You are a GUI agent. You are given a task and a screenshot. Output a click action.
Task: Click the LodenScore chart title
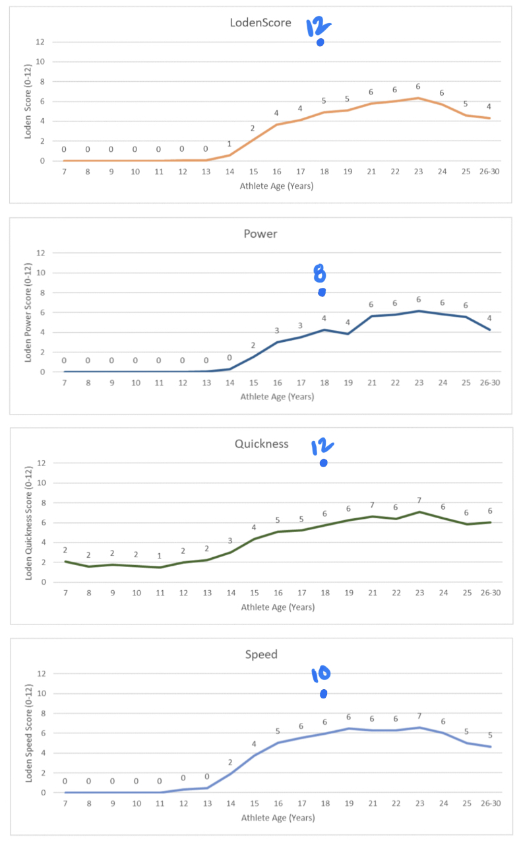pos(260,23)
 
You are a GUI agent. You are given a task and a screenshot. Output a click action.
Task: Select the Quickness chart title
pos(261,444)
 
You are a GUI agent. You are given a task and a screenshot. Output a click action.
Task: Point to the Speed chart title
pos(261,654)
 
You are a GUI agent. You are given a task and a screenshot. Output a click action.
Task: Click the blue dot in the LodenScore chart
pos(321,43)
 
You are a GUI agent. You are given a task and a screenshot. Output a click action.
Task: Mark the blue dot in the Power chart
pos(321,292)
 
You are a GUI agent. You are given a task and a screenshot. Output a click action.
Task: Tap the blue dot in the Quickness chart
pos(323,463)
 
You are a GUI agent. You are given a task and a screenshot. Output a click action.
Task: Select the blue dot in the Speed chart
pos(323,694)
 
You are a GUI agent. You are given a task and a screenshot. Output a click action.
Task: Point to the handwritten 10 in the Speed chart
pos(321,674)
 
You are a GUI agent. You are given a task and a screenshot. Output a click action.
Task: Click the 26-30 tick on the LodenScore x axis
pos(489,173)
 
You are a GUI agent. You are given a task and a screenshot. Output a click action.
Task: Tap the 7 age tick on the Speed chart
pos(65,804)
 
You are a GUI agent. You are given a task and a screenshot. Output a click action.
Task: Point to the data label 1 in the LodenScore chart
pos(230,144)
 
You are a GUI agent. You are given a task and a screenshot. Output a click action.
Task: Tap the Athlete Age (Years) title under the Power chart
pos(277,397)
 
